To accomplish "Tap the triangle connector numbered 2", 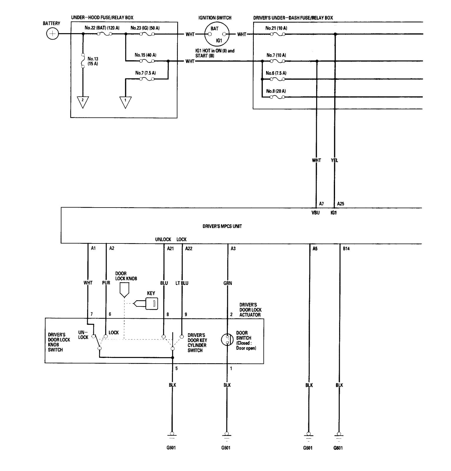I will [83, 102].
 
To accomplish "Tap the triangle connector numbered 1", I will [125, 102].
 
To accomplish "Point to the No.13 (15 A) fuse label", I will [93, 61].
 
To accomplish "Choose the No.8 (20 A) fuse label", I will [276, 91].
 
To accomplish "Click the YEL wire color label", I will [334, 160].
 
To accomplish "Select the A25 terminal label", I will [341, 204].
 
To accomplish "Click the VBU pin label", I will [315, 213].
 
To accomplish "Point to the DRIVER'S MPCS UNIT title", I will [222, 226].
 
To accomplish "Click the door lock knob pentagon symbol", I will [124, 289].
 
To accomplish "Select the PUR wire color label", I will [106, 283].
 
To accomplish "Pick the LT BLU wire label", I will [182, 283].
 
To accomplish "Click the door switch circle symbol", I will [227, 340].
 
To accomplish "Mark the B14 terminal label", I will [346, 249].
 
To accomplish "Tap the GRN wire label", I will [228, 283].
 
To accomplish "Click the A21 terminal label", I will [170, 249].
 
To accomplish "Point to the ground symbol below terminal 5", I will [172, 435].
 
